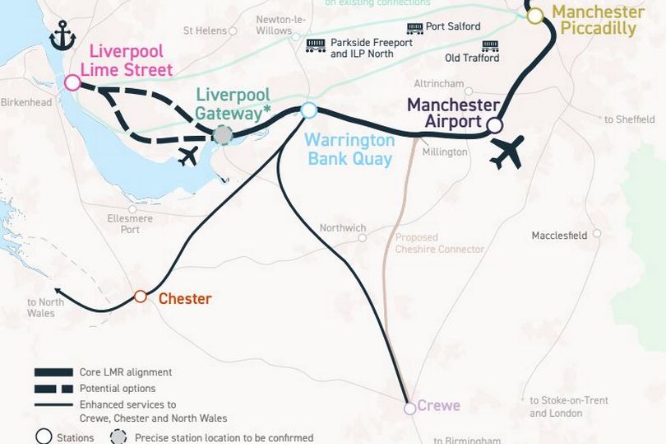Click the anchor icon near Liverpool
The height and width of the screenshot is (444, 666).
(x=62, y=35)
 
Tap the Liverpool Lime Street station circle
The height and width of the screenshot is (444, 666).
(x=72, y=82)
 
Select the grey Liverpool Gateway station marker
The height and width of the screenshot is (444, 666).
(x=223, y=134)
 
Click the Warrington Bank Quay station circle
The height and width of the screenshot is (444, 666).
(x=309, y=110)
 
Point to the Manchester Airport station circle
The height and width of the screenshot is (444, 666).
(x=494, y=125)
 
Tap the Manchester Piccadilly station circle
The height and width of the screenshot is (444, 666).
(x=535, y=16)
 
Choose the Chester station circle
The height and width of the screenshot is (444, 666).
(x=141, y=297)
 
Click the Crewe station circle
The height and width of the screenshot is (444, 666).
(x=409, y=408)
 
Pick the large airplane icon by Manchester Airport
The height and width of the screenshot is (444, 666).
(x=506, y=152)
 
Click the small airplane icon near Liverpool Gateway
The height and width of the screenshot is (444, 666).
(x=188, y=156)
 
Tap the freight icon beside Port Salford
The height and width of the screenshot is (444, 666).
(x=415, y=27)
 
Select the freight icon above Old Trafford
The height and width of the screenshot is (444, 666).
(x=490, y=44)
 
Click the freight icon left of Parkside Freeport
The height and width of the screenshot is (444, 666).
(x=315, y=44)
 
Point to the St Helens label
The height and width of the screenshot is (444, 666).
(x=205, y=31)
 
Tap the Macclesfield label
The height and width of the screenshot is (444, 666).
(x=559, y=235)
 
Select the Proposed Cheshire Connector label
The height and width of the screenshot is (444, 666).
(x=439, y=243)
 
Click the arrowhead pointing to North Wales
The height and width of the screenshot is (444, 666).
(x=56, y=290)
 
